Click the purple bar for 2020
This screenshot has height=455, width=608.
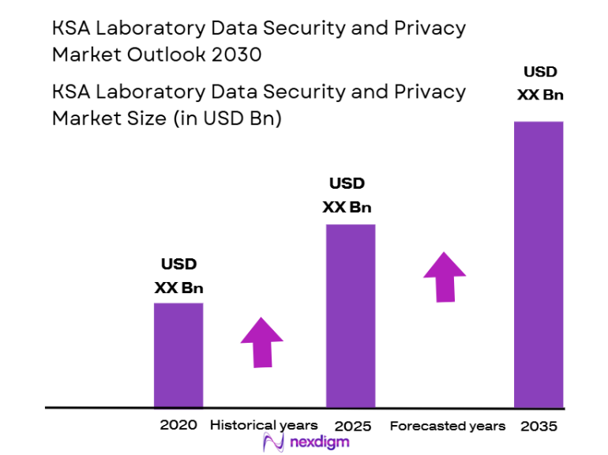pos(178,355)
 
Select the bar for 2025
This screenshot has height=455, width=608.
pos(351,315)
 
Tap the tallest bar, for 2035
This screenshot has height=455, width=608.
pos(539,264)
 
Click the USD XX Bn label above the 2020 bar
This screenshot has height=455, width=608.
pos(178,276)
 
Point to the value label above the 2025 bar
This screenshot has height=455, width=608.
pos(347,195)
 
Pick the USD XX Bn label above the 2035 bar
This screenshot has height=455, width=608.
pos(540,83)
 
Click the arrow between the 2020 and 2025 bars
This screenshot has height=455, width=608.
pos(261,341)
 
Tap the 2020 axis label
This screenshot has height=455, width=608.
pos(178,425)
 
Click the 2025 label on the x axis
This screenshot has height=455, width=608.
pos(352,426)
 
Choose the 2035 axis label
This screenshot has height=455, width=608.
pos(539,426)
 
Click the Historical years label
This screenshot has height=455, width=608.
pos(264,425)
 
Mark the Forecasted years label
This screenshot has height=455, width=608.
pos(448,426)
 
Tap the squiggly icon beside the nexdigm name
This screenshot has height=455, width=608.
pos(272,442)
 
